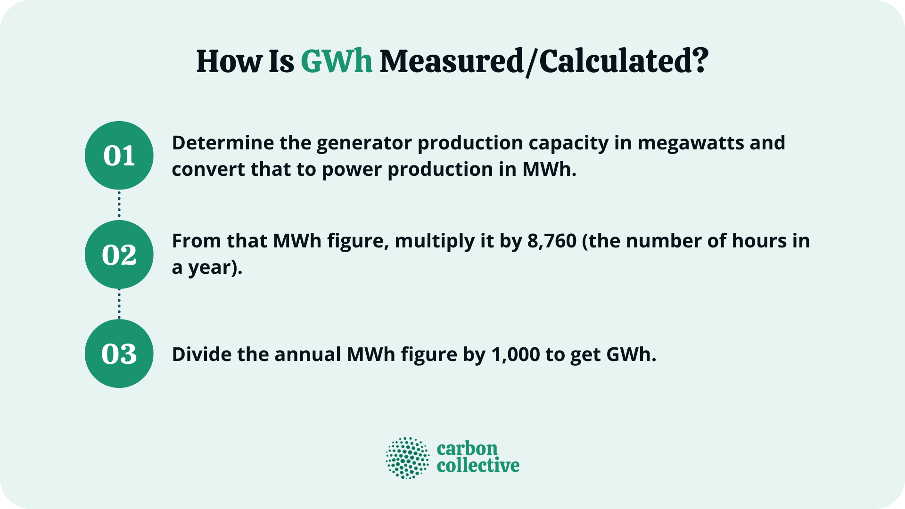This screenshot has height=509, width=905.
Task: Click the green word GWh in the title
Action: [337, 62]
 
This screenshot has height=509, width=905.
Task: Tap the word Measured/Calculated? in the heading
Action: [544, 62]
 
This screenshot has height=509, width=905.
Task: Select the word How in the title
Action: [229, 62]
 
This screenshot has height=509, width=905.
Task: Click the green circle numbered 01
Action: [119, 156]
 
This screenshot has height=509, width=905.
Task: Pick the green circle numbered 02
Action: [119, 254]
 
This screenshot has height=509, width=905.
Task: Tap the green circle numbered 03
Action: [119, 353]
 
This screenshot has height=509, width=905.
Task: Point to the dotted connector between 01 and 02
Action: [119, 205]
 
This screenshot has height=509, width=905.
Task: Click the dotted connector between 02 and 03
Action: [119, 304]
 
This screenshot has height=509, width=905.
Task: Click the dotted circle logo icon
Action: [408, 458]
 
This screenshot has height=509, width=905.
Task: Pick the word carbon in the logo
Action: [467, 448]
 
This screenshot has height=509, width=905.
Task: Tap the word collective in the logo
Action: [478, 466]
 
